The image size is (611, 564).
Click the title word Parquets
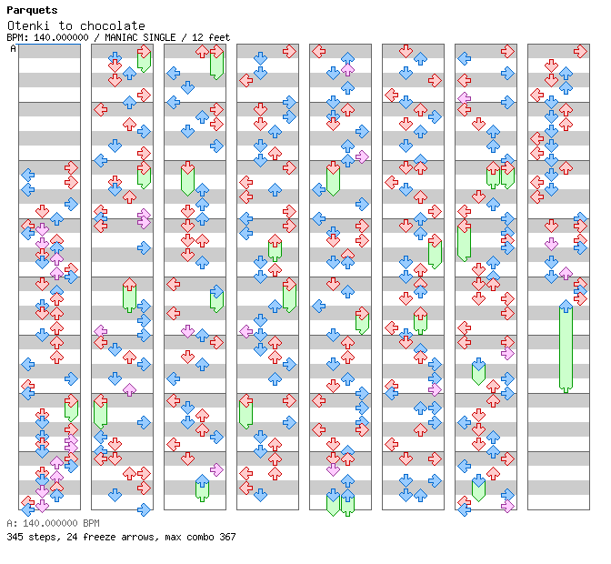(32, 10)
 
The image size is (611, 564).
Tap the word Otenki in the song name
(28, 25)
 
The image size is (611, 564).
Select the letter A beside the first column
(13, 48)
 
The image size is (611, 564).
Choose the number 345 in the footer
(15, 537)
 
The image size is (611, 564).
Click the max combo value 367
(226, 537)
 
